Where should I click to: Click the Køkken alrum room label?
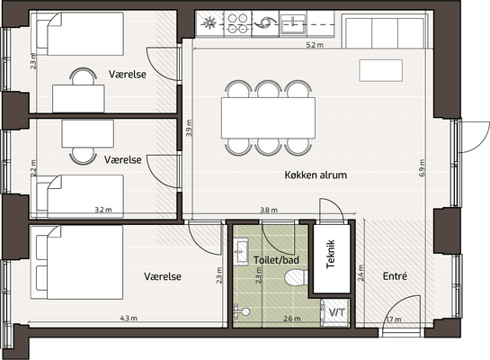point(316,175)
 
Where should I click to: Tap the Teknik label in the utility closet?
point(331,254)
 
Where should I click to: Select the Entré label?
point(395,276)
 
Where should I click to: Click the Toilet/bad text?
point(276,260)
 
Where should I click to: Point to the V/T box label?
point(337,311)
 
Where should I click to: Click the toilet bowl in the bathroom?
point(296,278)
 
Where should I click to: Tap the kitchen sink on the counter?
point(293,24)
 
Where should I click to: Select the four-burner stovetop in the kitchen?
point(238,23)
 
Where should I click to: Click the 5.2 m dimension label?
point(315,45)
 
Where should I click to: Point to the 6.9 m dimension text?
point(423,168)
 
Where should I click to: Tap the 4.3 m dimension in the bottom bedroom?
point(129,319)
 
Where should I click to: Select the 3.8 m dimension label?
point(269,211)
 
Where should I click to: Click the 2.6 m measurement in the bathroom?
point(292,319)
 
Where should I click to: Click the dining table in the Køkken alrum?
point(268,118)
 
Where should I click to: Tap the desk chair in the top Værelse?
point(83,76)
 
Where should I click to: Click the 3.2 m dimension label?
point(103,210)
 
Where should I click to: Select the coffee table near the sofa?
point(380,70)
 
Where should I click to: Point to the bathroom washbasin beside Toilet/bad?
point(241,251)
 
